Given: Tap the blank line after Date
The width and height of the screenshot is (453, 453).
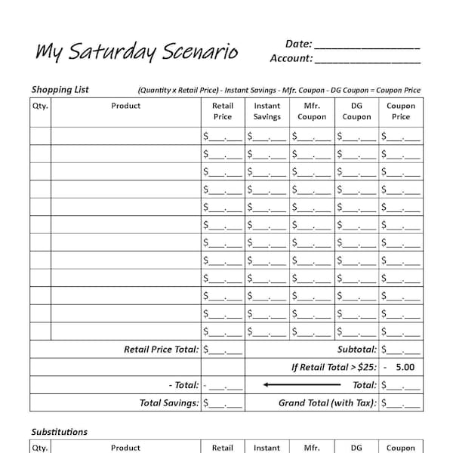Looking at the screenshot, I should coord(366,45).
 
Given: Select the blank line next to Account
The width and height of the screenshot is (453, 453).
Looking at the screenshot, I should coord(368,59).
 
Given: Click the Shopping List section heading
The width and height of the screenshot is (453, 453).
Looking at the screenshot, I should coord(60,89).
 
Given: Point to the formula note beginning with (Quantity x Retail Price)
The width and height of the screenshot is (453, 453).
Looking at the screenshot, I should coord(279,90).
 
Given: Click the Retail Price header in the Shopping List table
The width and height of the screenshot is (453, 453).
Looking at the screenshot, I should coord(223,111).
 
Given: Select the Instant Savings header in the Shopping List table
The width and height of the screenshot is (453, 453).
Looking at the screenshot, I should coord(267,111).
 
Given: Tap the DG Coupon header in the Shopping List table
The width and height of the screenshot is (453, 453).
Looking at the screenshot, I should coord(356,111).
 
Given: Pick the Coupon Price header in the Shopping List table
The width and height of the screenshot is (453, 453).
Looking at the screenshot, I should coord(401,111).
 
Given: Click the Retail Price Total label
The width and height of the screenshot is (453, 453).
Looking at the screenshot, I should coord(162,350).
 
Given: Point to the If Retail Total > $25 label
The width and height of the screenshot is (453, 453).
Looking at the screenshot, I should coord(334,368).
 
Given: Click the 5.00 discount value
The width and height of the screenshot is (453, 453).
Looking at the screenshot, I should coord(405,368).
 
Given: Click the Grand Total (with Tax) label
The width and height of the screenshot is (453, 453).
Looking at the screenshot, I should coord(328,403).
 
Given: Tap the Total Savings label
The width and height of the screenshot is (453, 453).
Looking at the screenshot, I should coord(169,403).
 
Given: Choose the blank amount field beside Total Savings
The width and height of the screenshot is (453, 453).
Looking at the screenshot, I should coord(223,404).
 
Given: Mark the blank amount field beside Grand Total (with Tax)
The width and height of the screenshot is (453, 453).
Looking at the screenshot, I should coord(401,404).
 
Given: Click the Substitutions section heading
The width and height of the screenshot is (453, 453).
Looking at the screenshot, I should coord(59,432).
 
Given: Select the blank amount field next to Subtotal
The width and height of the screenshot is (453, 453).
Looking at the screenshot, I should coord(401,350).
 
